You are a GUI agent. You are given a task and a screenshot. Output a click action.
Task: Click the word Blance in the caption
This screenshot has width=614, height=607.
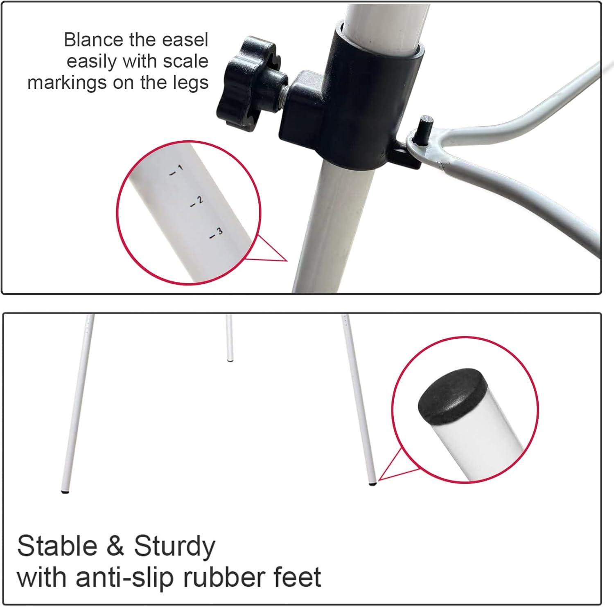click(94, 40)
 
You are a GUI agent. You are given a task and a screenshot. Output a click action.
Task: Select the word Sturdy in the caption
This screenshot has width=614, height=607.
click(175, 546)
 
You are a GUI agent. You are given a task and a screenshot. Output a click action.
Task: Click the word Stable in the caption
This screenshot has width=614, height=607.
click(57, 546)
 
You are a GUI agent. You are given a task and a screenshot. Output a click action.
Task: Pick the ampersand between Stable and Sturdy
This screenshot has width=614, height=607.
click(116, 546)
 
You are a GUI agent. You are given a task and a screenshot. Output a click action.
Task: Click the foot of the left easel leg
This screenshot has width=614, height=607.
click(65, 491)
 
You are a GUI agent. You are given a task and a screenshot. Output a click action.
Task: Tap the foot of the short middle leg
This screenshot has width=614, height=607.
click(230, 360)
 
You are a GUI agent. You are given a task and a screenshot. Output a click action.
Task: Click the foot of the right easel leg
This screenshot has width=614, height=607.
click(372, 483)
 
